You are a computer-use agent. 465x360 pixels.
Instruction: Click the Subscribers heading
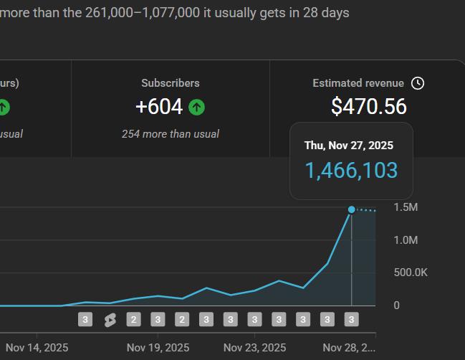click(171, 83)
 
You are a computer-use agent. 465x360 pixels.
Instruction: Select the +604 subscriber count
click(159, 107)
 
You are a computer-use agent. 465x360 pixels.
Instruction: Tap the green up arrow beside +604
click(197, 108)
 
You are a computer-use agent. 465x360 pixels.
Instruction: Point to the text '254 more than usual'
click(171, 134)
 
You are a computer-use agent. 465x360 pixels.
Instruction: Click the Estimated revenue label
click(358, 83)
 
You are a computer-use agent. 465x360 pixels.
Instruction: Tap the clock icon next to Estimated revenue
click(418, 83)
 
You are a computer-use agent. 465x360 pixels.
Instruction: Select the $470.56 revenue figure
click(368, 107)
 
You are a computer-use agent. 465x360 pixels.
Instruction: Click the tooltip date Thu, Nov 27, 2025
click(349, 145)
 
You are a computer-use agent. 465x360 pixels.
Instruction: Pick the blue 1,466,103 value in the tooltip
click(351, 171)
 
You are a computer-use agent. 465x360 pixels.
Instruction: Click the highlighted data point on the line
click(351, 209)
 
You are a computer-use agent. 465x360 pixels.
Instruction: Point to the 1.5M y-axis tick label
click(406, 207)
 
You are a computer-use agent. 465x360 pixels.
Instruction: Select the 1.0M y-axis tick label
click(406, 240)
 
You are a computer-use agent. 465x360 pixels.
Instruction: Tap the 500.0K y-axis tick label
click(411, 273)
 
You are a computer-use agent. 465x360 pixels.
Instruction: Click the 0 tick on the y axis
click(397, 305)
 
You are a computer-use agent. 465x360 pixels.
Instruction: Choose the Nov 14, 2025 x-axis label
click(37, 348)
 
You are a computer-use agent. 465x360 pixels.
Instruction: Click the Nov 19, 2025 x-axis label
click(158, 348)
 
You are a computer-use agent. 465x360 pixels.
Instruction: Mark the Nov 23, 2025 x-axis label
click(254, 348)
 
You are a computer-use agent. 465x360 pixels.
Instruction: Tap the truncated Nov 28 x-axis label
click(349, 348)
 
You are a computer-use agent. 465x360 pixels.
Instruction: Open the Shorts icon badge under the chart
click(110, 320)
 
